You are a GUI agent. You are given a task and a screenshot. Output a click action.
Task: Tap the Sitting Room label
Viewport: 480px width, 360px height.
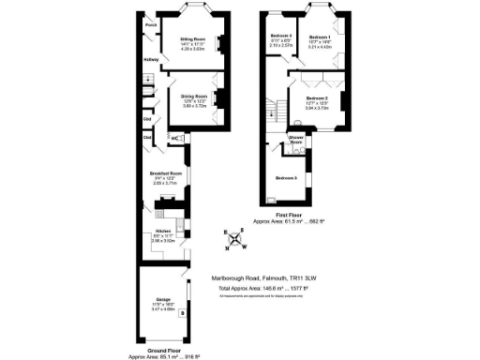[192, 38]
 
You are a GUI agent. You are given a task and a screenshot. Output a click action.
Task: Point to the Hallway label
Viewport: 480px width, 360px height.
[150, 60]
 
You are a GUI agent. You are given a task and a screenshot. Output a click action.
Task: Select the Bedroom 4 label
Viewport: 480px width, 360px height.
[281, 36]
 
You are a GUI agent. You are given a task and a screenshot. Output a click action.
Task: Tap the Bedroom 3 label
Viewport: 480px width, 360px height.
[286, 176]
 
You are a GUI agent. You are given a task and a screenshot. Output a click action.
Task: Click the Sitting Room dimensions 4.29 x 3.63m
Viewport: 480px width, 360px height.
[192, 49]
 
